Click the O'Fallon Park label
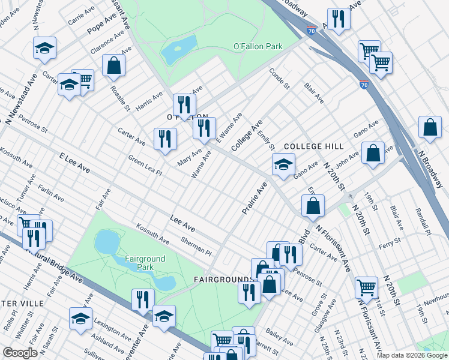pyautogui.click(x=258, y=46)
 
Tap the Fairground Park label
pyautogui.click(x=145, y=263)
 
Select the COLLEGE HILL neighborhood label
pyautogui.click(x=313, y=146)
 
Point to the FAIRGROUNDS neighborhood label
pyautogui.click(x=221, y=280)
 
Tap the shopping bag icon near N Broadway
pyautogui.click(x=430, y=127)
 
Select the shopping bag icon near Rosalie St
pyautogui.click(x=113, y=65)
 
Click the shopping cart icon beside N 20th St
pyautogui.click(x=366, y=287)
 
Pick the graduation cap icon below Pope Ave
pyautogui.click(x=44, y=49)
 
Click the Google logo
pyautogui.click(x=20, y=353)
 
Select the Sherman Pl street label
pyautogui.click(x=196, y=245)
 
